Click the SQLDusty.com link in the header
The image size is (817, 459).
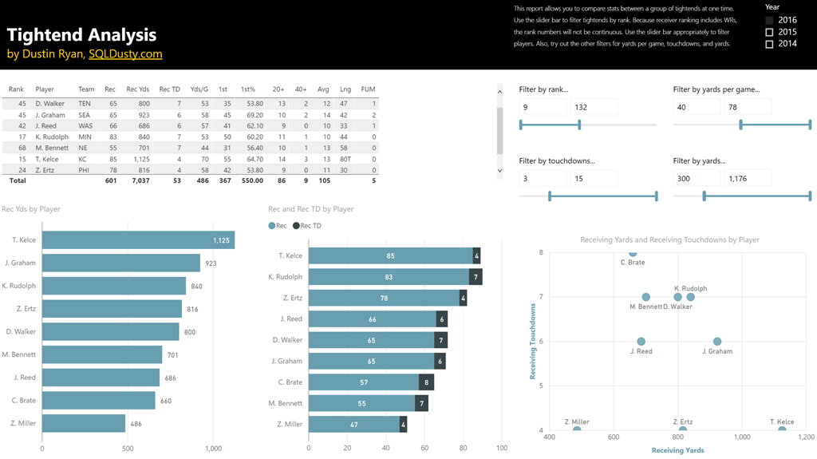[125, 54]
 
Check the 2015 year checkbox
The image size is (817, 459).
[769, 32]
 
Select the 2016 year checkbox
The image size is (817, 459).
[769, 20]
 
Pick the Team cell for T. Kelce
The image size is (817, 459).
[83, 159]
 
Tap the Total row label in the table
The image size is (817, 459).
[17, 181]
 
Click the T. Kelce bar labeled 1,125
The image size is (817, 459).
[137, 240]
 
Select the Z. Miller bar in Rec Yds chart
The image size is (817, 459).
[83, 423]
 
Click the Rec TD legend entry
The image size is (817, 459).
[307, 226]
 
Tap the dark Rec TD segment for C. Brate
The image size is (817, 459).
[426, 382]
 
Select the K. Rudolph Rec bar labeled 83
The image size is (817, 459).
[389, 277]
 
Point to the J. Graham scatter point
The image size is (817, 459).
[717, 342]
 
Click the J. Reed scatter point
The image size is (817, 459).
[641, 342]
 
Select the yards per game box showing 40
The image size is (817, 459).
[696, 108]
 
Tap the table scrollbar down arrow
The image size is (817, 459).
[500, 170]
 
